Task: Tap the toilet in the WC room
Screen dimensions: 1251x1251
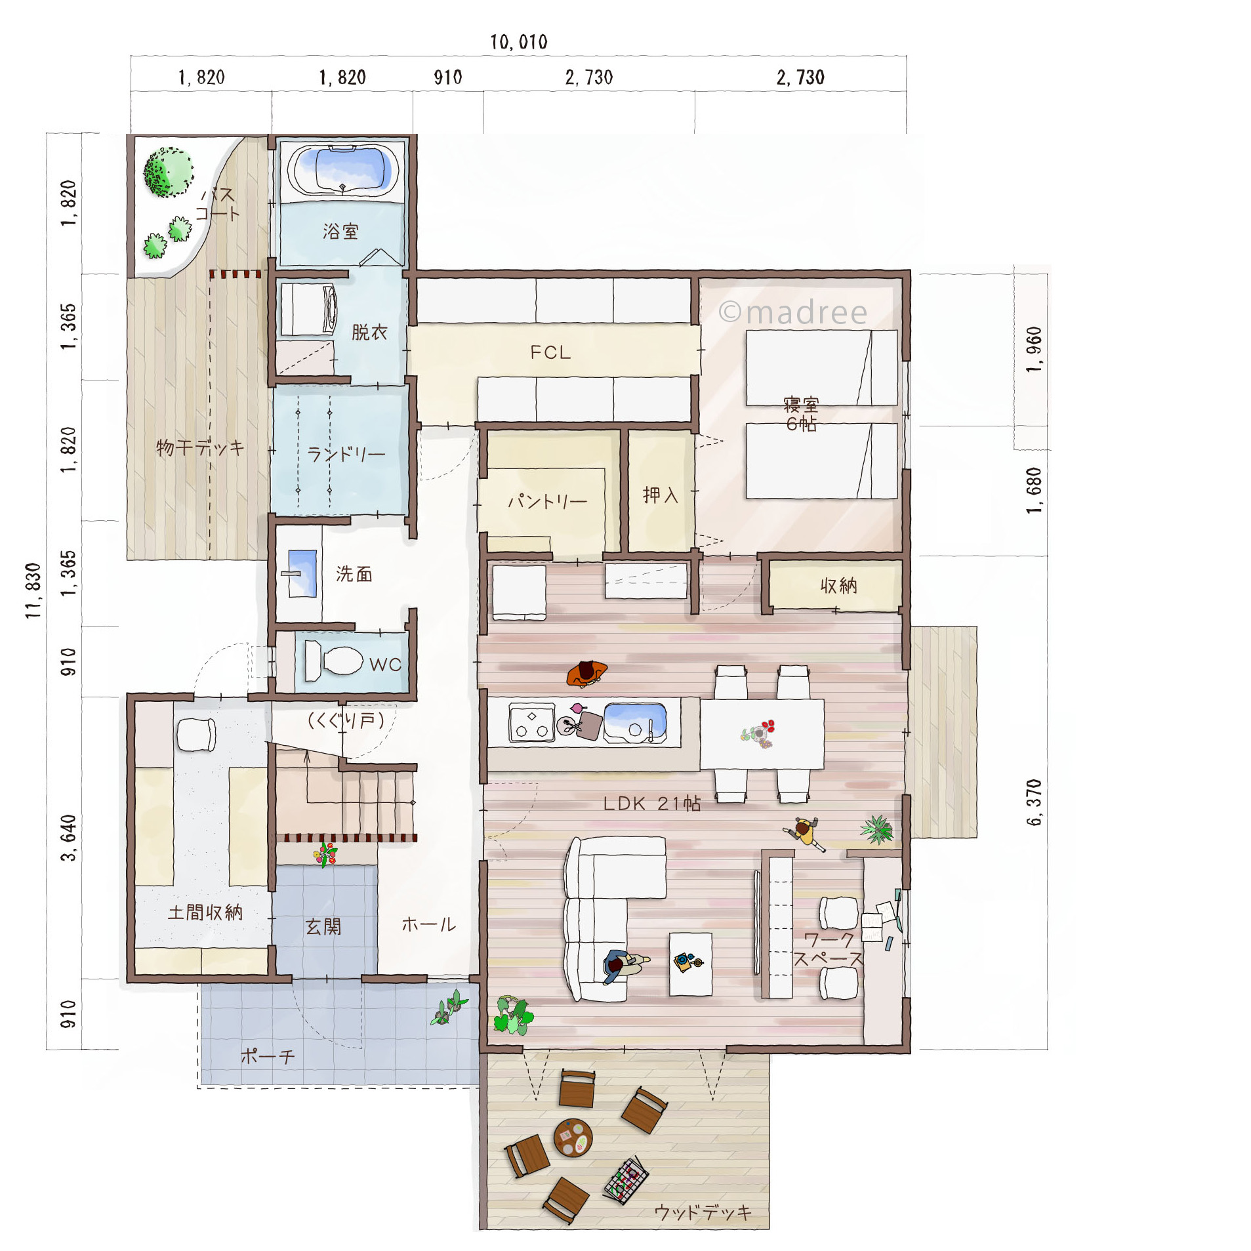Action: (334, 661)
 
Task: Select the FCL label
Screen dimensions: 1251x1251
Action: (550, 352)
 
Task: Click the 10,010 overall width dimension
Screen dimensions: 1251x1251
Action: (518, 42)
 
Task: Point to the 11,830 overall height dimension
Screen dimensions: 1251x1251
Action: (33, 590)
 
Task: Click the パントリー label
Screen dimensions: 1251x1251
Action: (548, 502)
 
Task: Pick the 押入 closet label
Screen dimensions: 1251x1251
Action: (660, 495)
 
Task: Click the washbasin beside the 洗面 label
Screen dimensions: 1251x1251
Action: (302, 573)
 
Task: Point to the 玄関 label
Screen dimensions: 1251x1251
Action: (323, 926)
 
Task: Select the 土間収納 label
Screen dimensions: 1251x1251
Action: (205, 912)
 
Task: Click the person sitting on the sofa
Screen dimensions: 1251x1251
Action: (623, 966)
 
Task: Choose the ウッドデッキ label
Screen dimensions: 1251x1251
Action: (703, 1212)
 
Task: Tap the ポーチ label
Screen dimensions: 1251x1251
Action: (268, 1056)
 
